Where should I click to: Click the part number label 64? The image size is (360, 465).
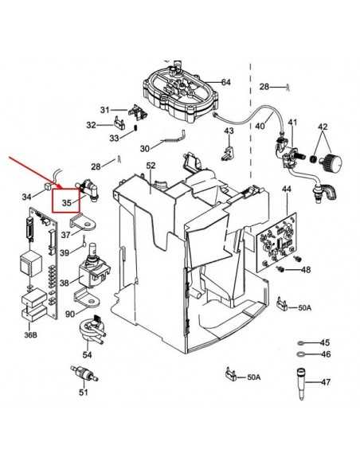pyautogui.click(x=225, y=82)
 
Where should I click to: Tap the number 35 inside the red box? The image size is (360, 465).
pyautogui.click(x=67, y=203)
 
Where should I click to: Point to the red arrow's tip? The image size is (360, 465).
pyautogui.click(x=61, y=189)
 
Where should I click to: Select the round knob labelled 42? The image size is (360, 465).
pyautogui.click(x=331, y=162)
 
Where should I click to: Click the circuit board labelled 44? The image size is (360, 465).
pyautogui.click(x=277, y=242)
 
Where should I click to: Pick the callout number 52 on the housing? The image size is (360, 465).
pyautogui.click(x=151, y=166)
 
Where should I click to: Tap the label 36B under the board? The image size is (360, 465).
pyautogui.click(x=30, y=335)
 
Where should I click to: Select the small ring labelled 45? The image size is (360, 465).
pyautogui.click(x=300, y=343)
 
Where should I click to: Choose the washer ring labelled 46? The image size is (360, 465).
pyautogui.click(x=300, y=354)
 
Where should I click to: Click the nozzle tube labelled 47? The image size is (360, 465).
pyautogui.click(x=300, y=384)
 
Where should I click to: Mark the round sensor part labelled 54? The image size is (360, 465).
pyautogui.click(x=91, y=329)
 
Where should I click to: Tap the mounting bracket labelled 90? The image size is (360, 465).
pyautogui.click(x=86, y=299)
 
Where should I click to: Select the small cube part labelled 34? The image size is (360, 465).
pyautogui.click(x=48, y=187)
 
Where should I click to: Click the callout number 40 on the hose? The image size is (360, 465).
pyautogui.click(x=260, y=126)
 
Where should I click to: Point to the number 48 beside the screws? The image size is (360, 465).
pyautogui.click(x=306, y=270)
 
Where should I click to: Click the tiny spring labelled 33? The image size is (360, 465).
pyautogui.click(x=135, y=128)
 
